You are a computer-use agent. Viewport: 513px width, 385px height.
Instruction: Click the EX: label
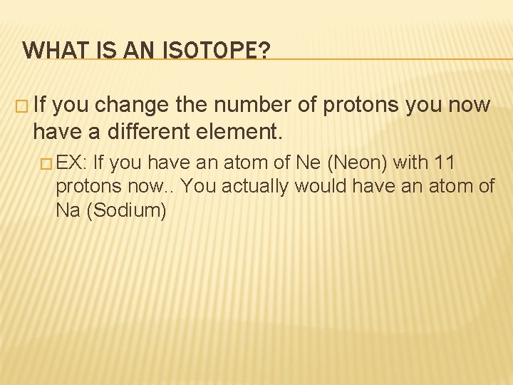point(71,163)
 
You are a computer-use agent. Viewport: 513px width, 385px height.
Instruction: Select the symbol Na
point(67,210)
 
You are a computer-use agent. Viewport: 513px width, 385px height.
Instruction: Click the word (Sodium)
point(126,211)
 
